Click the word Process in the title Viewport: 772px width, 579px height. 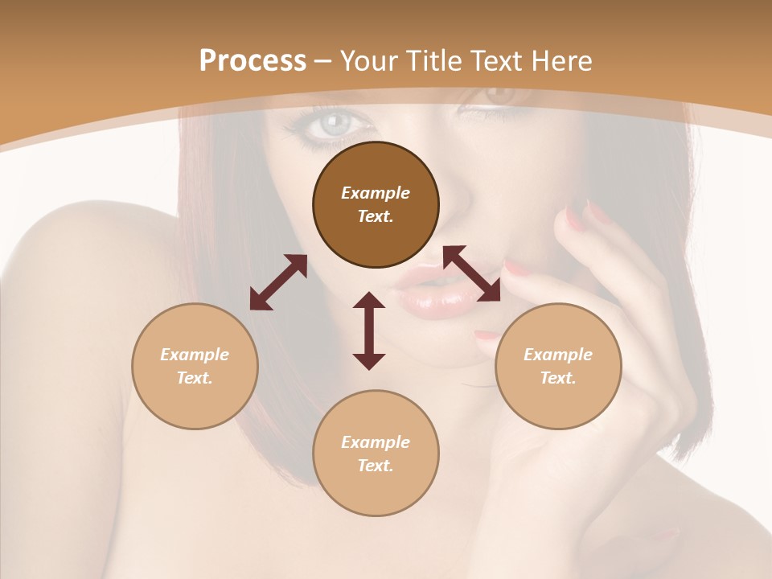pyautogui.click(x=253, y=61)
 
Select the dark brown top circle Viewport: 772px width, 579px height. pyautogui.click(x=376, y=204)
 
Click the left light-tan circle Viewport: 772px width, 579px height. pyautogui.click(x=195, y=366)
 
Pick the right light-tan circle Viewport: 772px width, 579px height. pyautogui.click(x=558, y=366)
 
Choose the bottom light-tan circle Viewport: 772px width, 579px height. pyautogui.click(x=376, y=454)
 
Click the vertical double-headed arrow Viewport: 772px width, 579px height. pyautogui.click(x=369, y=331)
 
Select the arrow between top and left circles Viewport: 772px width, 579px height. pyautogui.click(x=278, y=282)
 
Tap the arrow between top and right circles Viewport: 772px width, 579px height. pyautogui.click(x=472, y=273)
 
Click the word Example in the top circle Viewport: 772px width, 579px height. pyautogui.click(x=376, y=193)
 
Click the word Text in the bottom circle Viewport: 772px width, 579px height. pyautogui.click(x=376, y=466)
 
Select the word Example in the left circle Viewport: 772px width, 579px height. pyautogui.click(x=195, y=355)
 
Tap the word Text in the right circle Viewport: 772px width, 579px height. pyautogui.click(x=558, y=378)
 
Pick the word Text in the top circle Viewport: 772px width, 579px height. pyautogui.click(x=376, y=216)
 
